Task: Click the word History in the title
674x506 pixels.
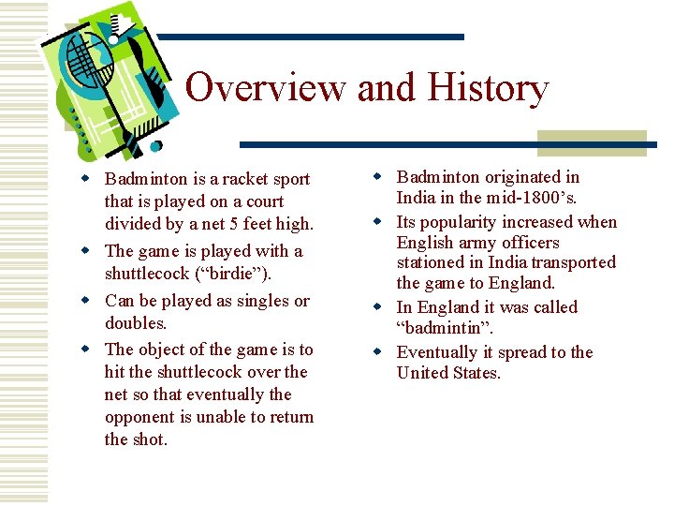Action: pos(488,88)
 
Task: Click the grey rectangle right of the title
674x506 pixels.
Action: pos(592,142)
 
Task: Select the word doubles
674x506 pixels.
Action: pos(134,323)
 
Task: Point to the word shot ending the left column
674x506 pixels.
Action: pos(151,439)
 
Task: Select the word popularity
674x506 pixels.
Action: pos(464,222)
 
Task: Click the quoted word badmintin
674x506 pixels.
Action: pos(444,329)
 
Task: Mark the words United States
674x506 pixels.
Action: pos(448,373)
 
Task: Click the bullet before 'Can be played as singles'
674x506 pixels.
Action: pos(85,302)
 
